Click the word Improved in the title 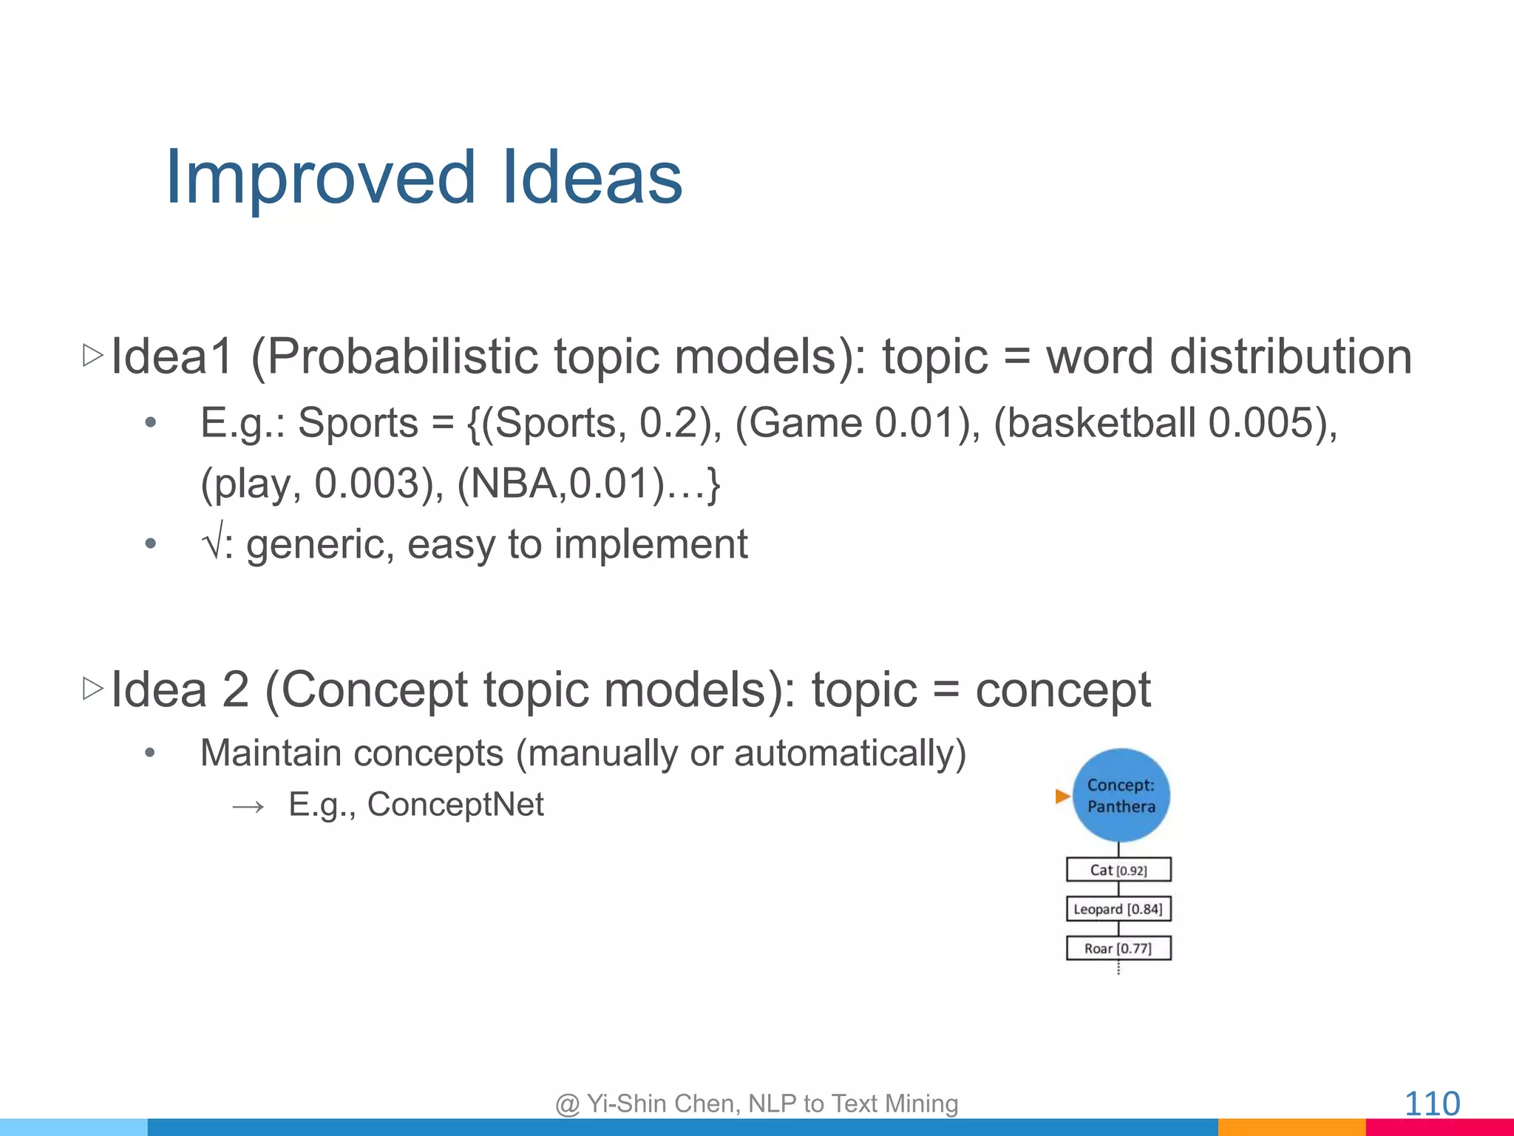coord(320,177)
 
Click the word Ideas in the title coord(591,177)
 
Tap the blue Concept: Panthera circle coord(1121,796)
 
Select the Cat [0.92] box coord(1118,870)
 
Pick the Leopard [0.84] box coord(1118,909)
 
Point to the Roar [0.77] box coord(1118,948)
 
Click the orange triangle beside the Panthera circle coord(1062,797)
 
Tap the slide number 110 coord(1431,1103)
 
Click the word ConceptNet coord(455,805)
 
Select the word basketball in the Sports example coord(1101,423)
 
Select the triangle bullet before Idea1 coord(92,356)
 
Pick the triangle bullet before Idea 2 coord(92,689)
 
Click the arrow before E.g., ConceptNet coord(248,806)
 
